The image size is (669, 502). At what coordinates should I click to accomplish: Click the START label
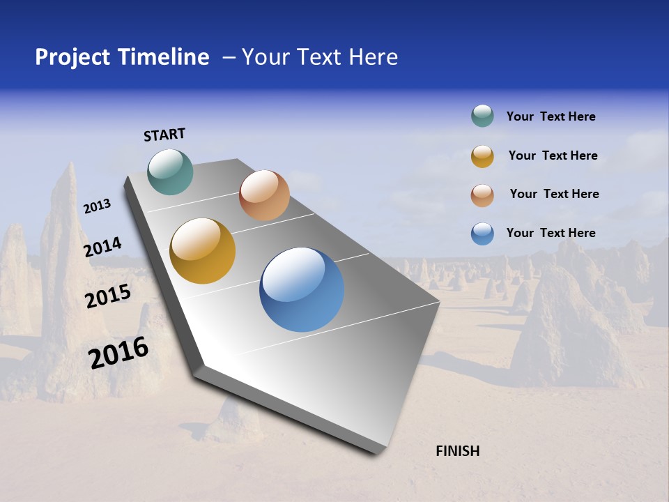tap(164, 135)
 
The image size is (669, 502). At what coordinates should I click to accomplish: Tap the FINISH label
tap(458, 451)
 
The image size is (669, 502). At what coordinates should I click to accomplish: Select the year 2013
tap(97, 206)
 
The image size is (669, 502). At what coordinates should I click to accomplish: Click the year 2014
tap(102, 248)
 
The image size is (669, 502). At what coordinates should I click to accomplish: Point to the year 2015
tap(107, 296)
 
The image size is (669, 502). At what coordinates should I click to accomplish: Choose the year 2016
tap(118, 353)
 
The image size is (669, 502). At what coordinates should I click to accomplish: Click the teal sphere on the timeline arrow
tap(171, 172)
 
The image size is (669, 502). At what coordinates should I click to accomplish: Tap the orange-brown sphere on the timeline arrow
tap(264, 195)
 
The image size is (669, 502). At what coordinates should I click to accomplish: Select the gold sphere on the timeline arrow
tap(203, 251)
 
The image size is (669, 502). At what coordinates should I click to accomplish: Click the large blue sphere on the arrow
tap(302, 289)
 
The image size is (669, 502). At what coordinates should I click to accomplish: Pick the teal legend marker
tap(482, 116)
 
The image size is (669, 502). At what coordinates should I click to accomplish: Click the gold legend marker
tap(482, 156)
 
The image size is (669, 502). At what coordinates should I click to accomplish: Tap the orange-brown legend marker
tap(482, 195)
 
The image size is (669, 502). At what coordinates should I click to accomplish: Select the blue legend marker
tap(482, 234)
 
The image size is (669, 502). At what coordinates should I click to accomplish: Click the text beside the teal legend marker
tap(551, 117)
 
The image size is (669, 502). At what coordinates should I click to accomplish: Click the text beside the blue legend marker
tap(551, 233)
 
